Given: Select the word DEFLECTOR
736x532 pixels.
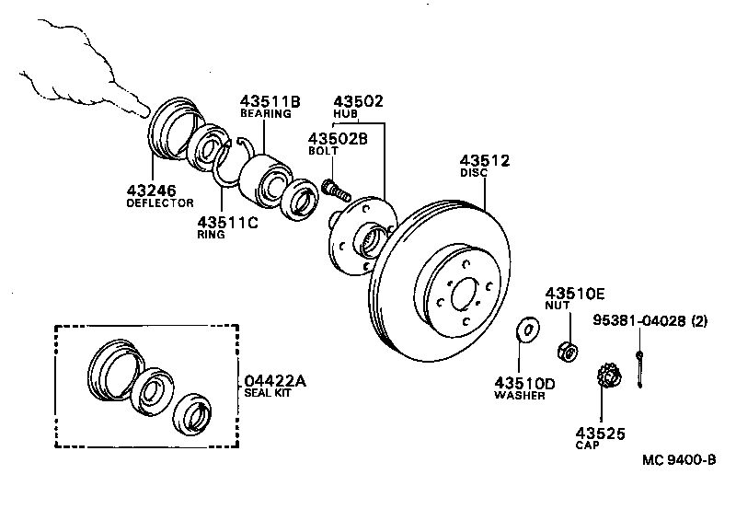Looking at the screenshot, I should tap(159, 202).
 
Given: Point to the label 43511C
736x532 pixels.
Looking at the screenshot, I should tap(226, 222).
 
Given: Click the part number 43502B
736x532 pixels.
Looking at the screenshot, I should tap(337, 138).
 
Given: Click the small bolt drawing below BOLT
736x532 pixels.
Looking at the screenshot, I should tap(335, 191).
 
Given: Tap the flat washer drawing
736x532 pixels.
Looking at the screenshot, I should tap(528, 330).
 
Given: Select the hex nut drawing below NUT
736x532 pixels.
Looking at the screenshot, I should tap(568, 351).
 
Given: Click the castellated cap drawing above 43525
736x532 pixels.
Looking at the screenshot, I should tap(609, 377).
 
